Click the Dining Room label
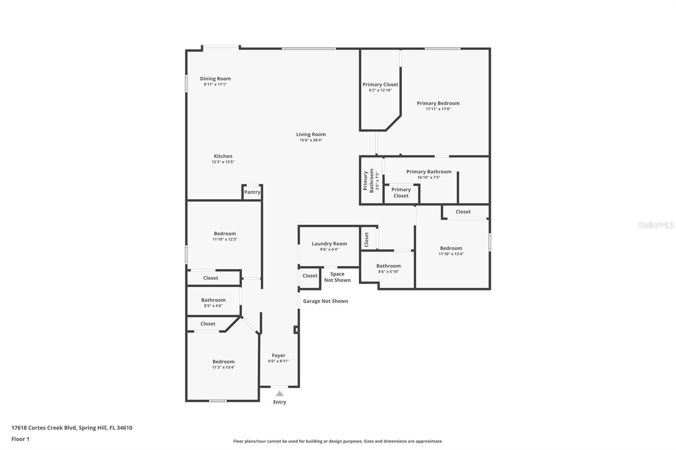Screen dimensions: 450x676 click(x=215, y=79)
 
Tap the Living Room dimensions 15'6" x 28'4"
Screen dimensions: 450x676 click(x=311, y=140)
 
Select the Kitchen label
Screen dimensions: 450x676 click(x=223, y=156)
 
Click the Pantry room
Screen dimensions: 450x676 click(x=252, y=192)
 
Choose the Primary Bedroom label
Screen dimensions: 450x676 click(x=438, y=103)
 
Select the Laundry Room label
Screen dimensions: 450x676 click(x=329, y=244)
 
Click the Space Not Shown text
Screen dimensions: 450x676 click(x=337, y=277)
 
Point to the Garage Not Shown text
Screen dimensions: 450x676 click(x=325, y=301)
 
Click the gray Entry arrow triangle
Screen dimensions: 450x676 click(x=279, y=393)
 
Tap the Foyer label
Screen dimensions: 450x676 click(x=278, y=355)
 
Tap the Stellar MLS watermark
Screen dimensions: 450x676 click(x=656, y=225)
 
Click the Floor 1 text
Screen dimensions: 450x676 click(x=20, y=439)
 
